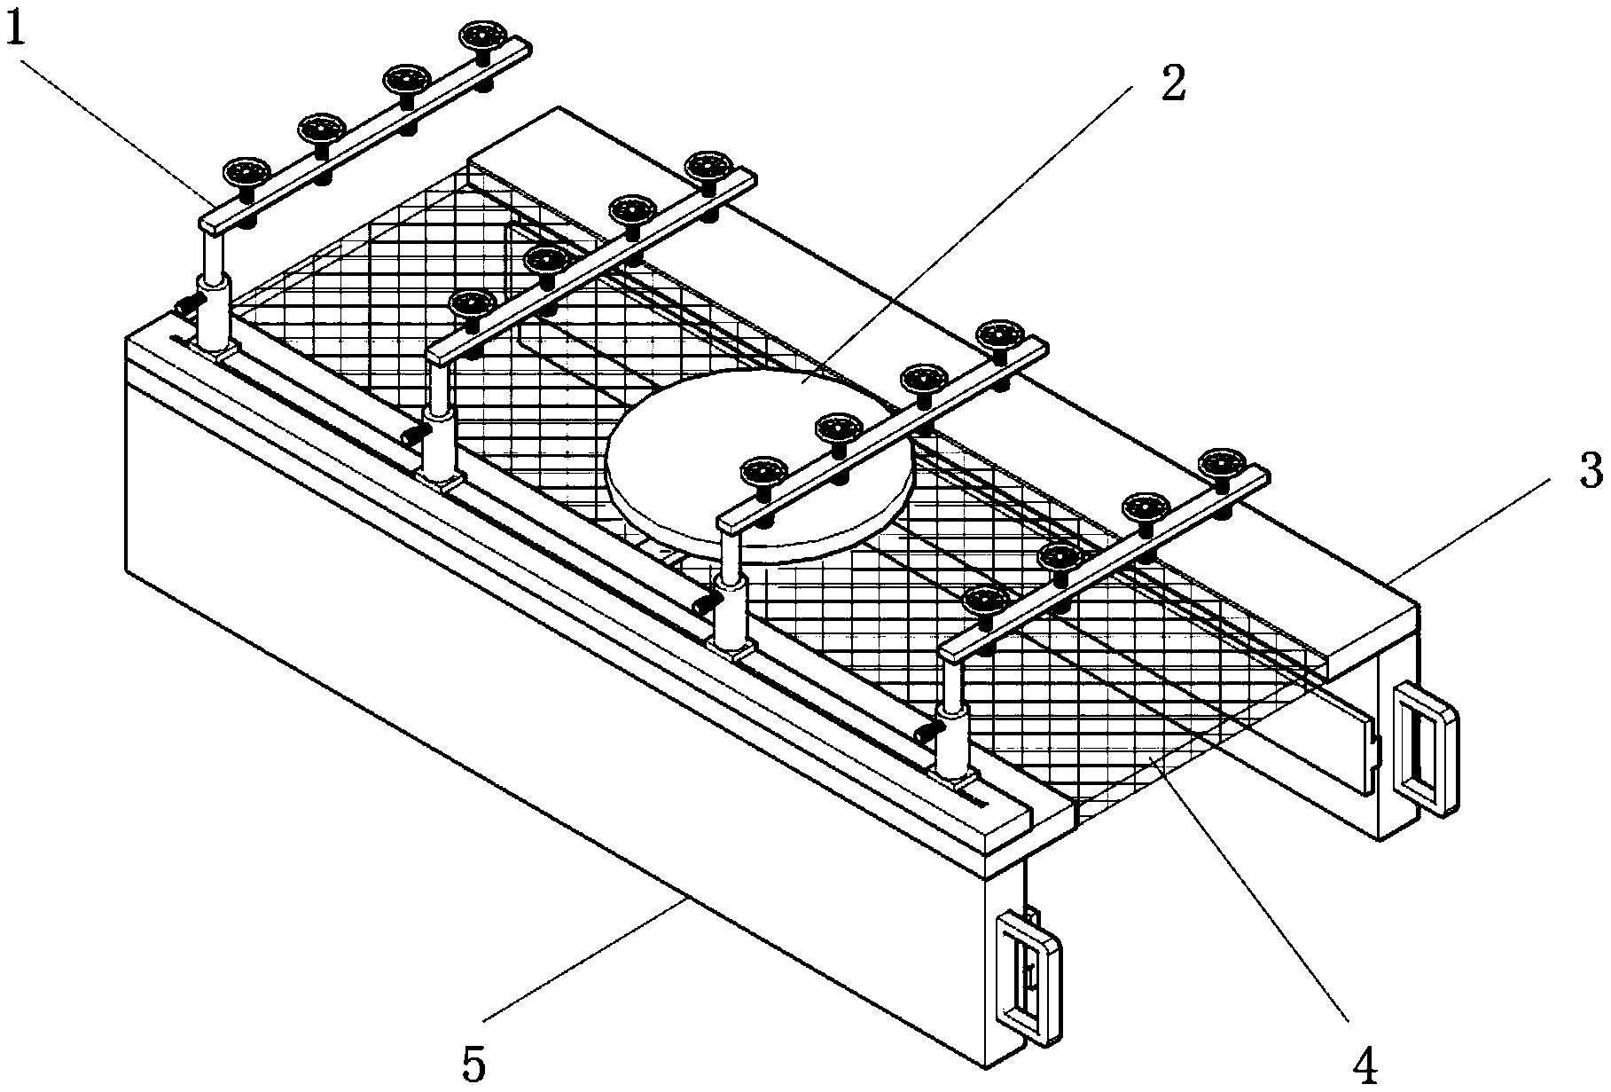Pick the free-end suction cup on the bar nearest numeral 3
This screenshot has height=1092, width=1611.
1223,464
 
